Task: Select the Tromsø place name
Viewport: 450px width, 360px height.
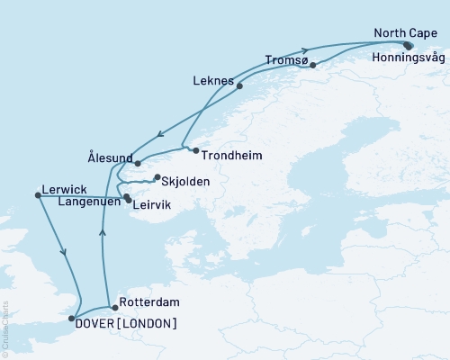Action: pyautogui.click(x=286, y=61)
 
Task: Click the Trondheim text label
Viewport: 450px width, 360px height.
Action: pyautogui.click(x=230, y=155)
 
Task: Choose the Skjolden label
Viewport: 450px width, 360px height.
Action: pyautogui.click(x=186, y=181)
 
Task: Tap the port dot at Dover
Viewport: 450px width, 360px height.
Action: pyautogui.click(x=71, y=318)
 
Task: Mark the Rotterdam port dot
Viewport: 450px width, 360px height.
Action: pyautogui.click(x=114, y=308)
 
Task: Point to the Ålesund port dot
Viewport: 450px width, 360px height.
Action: pyautogui.click(x=138, y=162)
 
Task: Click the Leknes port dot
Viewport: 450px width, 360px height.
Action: pyautogui.click(x=239, y=86)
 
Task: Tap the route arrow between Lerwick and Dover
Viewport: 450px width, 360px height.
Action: pyautogui.click(x=64, y=254)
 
